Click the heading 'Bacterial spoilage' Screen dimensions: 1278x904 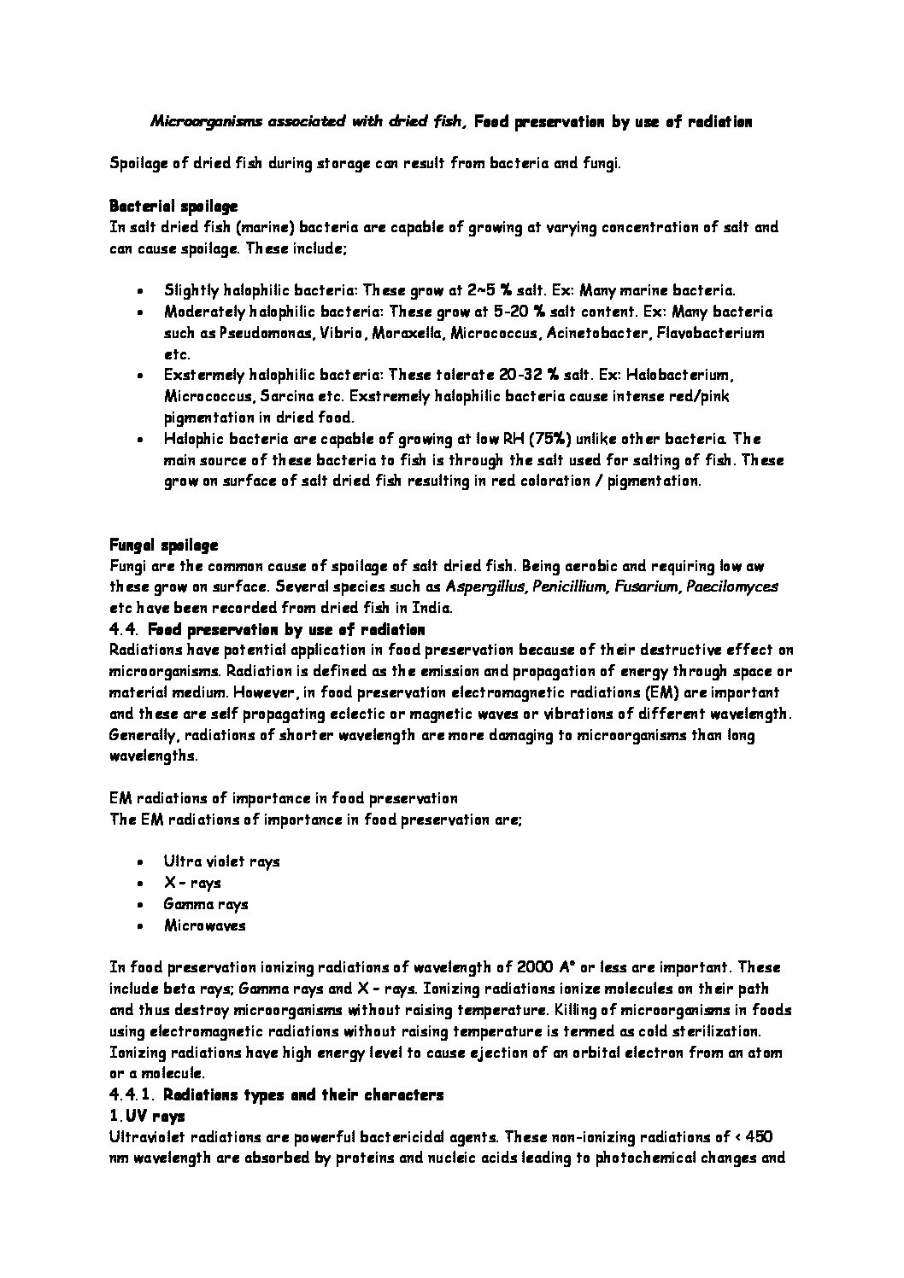(x=173, y=206)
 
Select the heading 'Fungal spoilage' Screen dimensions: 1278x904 (x=163, y=544)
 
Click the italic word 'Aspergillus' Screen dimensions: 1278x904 (x=486, y=586)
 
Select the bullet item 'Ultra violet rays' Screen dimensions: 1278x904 (x=221, y=861)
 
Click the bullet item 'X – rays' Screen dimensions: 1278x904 (x=191, y=883)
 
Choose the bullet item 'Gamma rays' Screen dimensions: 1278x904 (x=206, y=904)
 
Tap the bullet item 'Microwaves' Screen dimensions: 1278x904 (x=205, y=925)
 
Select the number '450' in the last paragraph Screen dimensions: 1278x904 (x=760, y=1136)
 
